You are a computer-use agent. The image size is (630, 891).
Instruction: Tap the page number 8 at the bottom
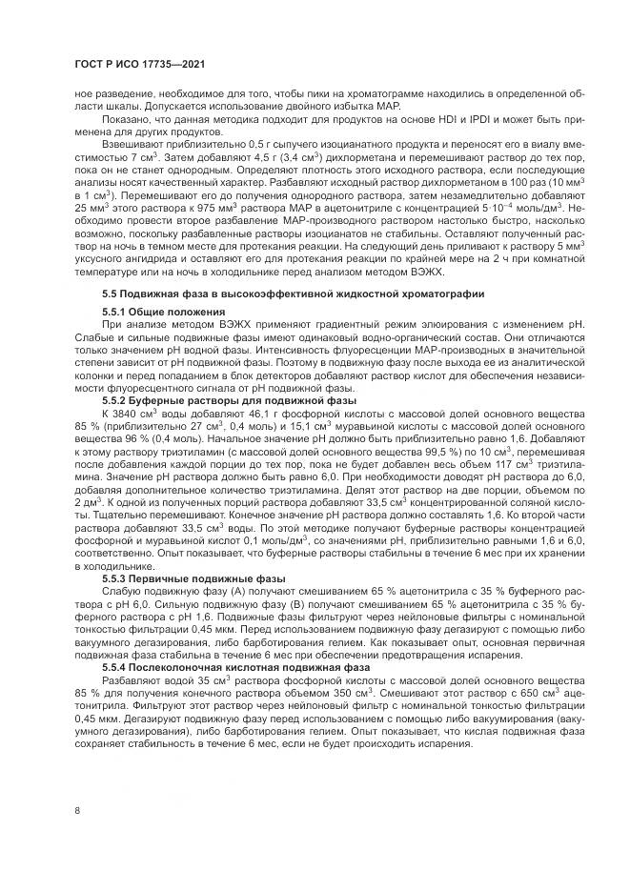pos(76,810)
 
